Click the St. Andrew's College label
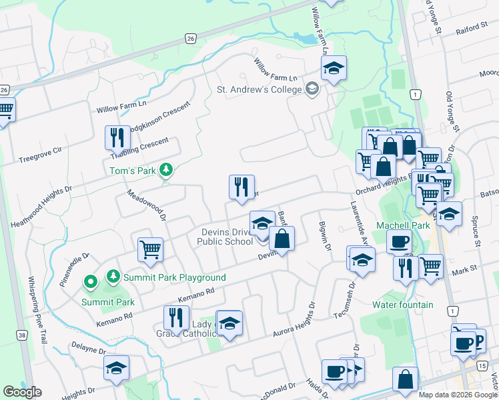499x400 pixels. (x=258, y=89)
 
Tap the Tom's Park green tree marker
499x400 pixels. (x=167, y=171)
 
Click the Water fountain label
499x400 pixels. (x=402, y=305)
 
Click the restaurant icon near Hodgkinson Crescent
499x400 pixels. (x=117, y=138)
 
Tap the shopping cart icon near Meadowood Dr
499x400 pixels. (x=151, y=250)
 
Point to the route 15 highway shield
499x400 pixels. (x=482, y=366)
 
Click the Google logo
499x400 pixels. (x=22, y=391)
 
